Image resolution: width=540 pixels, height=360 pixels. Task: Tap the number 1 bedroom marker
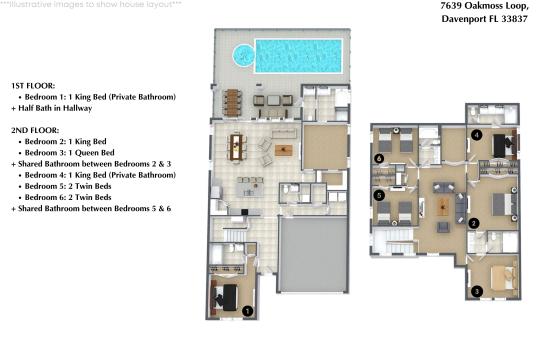[x=246, y=312]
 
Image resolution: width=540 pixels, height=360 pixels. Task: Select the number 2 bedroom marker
[x=474, y=223]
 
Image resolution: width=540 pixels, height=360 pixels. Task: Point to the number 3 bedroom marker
[x=477, y=291]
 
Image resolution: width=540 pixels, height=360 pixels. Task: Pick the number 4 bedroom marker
[x=477, y=134]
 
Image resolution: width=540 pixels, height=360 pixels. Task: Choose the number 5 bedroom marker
[x=380, y=196]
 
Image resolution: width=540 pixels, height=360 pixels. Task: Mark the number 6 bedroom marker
[x=379, y=158]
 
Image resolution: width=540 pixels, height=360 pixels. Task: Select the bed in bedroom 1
[x=227, y=295]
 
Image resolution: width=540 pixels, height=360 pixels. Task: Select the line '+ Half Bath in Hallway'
[x=62, y=108]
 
